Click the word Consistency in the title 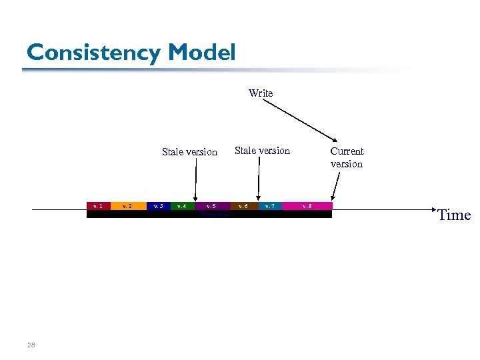coord(94,53)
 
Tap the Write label coord(261,93)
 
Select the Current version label coord(347,157)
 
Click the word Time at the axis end coord(454,215)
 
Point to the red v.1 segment coord(98,206)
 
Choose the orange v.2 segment coord(128,206)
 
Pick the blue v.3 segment coord(158,206)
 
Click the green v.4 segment coord(181,206)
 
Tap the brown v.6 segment coord(243,206)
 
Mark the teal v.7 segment coord(270,206)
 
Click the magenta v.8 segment coord(307,206)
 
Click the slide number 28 coord(31,345)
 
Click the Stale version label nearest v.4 coord(189,152)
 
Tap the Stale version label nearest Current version coord(262,151)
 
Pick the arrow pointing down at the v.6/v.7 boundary coord(258,179)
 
